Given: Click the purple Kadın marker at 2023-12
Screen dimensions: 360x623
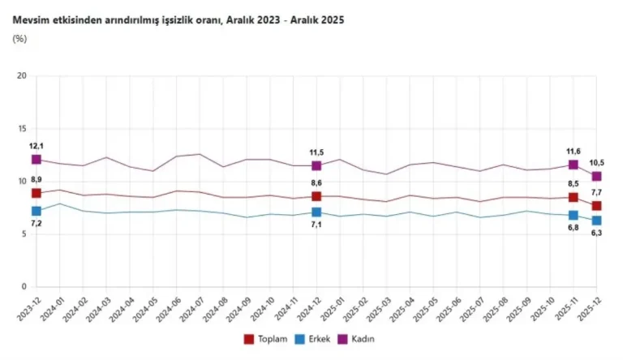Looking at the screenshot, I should pos(37,160).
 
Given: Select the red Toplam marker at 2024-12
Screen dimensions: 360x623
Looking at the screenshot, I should pos(317,196).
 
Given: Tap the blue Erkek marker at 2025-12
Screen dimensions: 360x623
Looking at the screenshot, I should pos(597,221).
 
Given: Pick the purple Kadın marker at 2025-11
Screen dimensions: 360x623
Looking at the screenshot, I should pos(574,165).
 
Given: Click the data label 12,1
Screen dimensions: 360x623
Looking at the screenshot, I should pos(37,146).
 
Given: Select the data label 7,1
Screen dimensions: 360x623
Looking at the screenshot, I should pos(317,225).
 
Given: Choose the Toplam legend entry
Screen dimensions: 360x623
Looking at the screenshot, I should pos(268,338).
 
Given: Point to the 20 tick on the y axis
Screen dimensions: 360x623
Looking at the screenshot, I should pos(24,76).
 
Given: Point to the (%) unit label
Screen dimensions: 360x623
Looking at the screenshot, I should pos(19,39).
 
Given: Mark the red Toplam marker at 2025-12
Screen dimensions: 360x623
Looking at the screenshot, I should pos(597,206).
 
